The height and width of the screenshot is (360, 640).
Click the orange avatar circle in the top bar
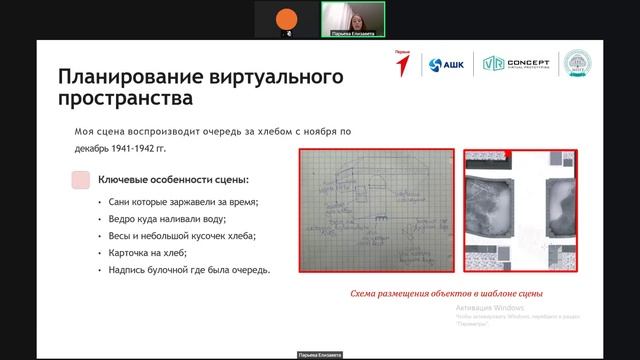point(288,17)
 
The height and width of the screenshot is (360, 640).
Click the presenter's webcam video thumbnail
point(352,19)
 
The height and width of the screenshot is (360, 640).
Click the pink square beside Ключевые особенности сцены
point(80,180)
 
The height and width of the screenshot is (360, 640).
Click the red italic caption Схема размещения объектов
point(446,294)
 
